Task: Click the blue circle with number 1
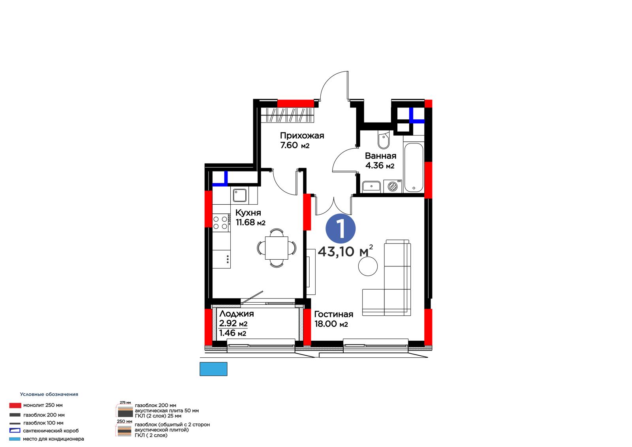point(340,229)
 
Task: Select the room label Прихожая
point(302,136)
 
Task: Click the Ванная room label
point(380,156)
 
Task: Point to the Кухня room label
point(248,213)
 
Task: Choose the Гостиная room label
point(333,314)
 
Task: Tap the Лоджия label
point(237,314)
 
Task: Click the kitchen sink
point(239,195)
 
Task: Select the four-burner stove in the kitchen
point(221,223)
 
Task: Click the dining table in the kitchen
point(276,248)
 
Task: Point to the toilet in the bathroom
point(384,139)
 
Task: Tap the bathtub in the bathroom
point(414,168)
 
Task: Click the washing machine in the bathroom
point(393,186)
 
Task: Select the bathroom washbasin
point(371,187)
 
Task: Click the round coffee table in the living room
point(368,266)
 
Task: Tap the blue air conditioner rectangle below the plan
point(213,369)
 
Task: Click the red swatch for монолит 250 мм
point(15,406)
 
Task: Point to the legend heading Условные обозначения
point(49,394)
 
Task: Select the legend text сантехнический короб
point(51,431)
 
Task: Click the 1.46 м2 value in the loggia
point(233,333)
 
